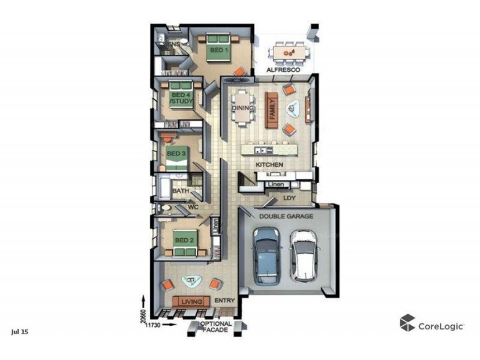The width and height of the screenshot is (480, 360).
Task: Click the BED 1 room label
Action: (219, 51)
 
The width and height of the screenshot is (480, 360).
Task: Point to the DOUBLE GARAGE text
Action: (286, 216)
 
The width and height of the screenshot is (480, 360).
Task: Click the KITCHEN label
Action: (269, 164)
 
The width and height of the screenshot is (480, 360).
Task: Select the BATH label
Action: (181, 191)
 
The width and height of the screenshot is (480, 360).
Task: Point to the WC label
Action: (193, 207)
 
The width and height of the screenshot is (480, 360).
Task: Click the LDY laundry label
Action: (290, 196)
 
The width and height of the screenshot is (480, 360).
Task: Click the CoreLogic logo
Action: (433, 325)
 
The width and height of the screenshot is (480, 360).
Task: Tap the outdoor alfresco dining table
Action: (290, 53)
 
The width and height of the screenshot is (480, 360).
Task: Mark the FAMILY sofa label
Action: (272, 108)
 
